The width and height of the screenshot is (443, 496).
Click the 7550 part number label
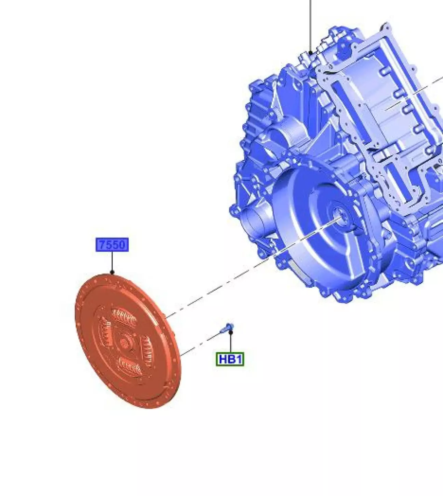(x=112, y=244)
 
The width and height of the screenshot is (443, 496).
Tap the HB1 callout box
(x=230, y=359)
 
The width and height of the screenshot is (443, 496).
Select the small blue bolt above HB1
(x=227, y=328)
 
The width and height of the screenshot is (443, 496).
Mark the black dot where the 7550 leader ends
(x=112, y=272)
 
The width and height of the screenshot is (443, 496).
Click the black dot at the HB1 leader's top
(x=230, y=332)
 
